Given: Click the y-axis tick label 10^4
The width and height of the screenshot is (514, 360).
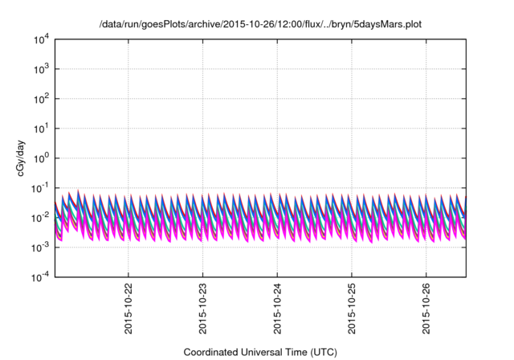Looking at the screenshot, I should click(41, 39).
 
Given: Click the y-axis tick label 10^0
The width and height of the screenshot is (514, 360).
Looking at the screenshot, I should click(41, 158).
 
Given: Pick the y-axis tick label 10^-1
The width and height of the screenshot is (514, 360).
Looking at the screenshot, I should click(40, 188).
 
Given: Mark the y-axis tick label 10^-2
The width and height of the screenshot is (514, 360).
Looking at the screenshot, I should click(40, 218).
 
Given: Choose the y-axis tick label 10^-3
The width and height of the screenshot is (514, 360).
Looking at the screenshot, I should click(40, 247).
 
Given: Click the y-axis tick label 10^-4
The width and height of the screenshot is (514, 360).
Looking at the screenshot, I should click(40, 277).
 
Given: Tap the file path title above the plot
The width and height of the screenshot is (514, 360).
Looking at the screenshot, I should click(260, 25).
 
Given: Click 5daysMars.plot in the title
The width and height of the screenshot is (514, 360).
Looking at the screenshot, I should click(389, 25).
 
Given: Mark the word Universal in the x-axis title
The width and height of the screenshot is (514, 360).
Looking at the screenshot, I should click(268, 351).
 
